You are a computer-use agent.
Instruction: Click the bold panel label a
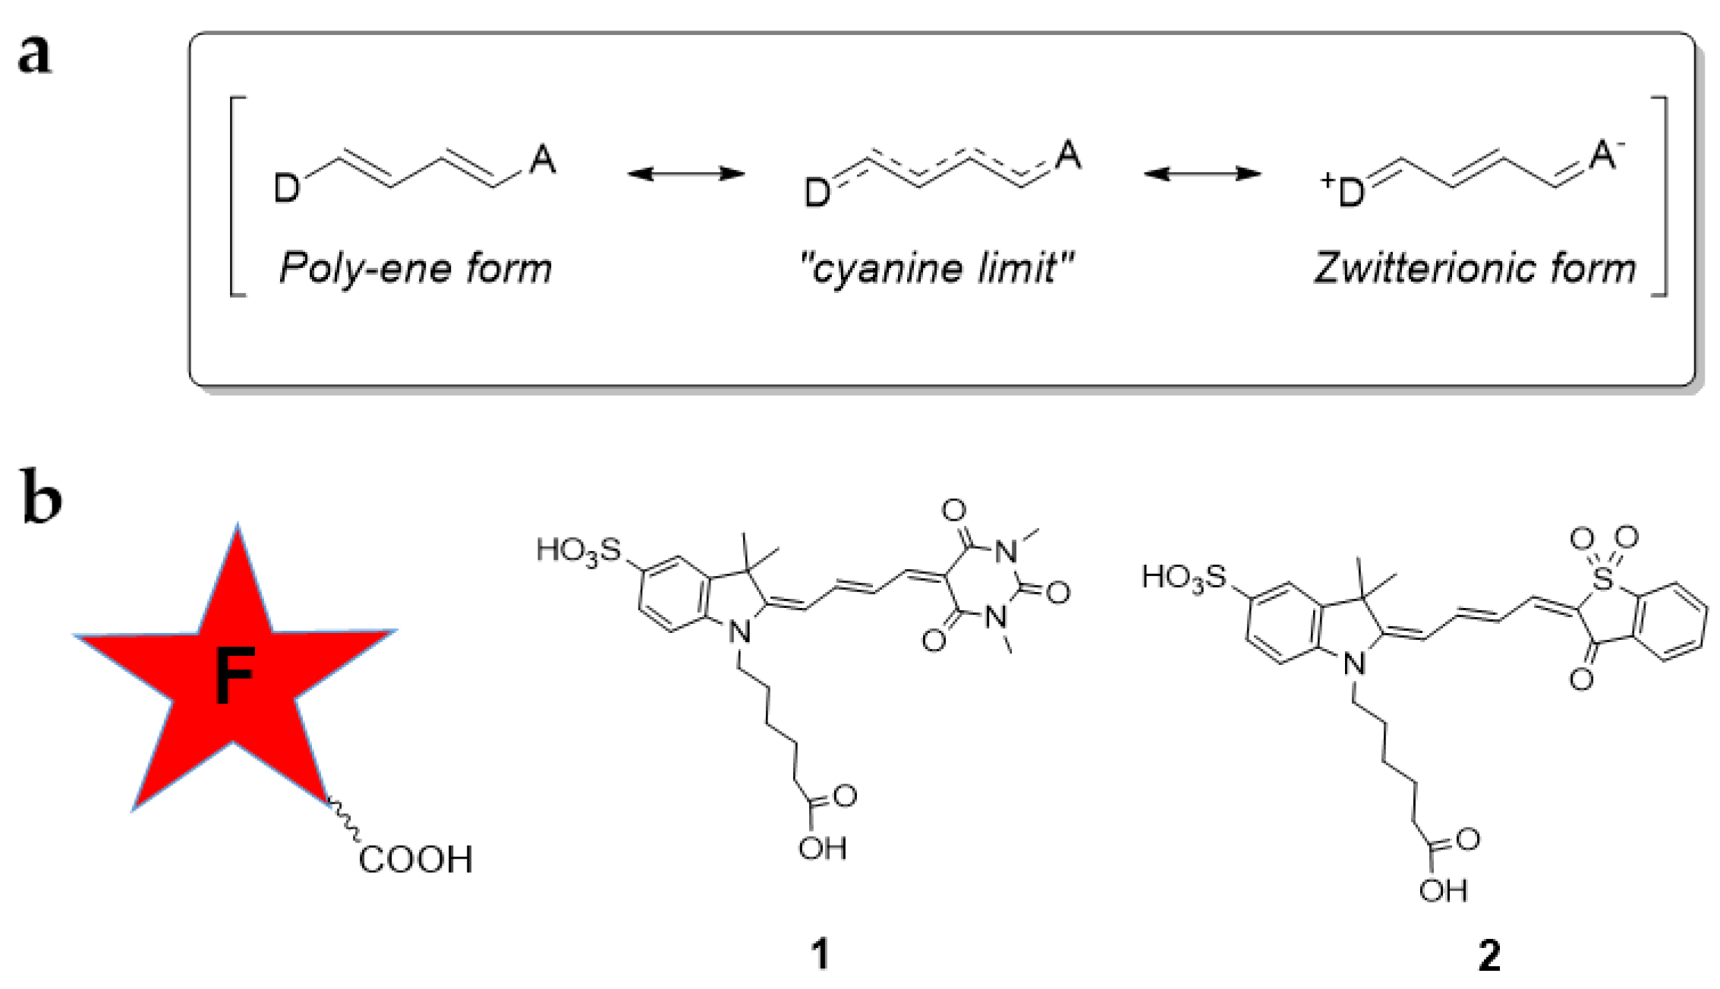tap(35, 55)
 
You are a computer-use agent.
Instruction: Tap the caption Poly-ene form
tap(415, 269)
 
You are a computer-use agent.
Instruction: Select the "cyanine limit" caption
tap(937, 268)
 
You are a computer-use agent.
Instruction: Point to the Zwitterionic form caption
tap(1476, 268)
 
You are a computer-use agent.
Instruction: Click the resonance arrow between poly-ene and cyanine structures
tap(685, 174)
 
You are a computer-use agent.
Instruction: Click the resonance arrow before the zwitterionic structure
tap(1202, 174)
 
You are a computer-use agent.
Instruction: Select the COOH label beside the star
tap(415, 860)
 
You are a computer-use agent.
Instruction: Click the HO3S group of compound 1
tap(578, 550)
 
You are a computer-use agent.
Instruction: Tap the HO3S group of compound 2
tap(1184, 578)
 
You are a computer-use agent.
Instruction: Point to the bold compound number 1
tap(821, 954)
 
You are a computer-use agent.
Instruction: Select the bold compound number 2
tap(1489, 956)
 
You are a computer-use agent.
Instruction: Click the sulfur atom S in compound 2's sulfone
tap(1603, 578)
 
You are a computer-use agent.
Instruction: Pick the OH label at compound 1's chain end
tap(822, 848)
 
